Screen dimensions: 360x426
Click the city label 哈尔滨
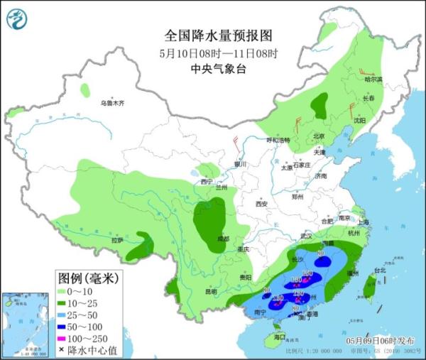pos(373,79)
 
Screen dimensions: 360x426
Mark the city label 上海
pos(364,222)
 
